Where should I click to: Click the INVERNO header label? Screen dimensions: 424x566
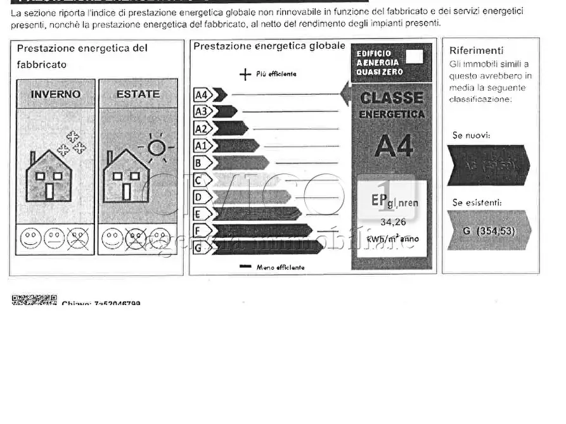(x=56, y=94)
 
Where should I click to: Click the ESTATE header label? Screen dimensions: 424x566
(x=138, y=94)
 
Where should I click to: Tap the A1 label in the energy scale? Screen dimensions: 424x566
(x=201, y=146)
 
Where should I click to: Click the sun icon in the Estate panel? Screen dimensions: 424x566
(x=156, y=148)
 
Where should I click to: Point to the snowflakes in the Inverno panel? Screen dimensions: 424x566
(x=72, y=143)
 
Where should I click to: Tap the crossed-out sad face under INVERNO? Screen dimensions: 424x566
(x=78, y=239)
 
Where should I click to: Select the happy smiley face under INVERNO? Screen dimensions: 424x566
(x=30, y=239)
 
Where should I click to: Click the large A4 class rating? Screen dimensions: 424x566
(x=393, y=146)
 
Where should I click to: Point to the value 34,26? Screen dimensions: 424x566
(x=392, y=222)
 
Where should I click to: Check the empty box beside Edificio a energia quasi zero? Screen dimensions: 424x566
(x=414, y=57)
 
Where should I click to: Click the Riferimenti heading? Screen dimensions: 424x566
(x=476, y=51)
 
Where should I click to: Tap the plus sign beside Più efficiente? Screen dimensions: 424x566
(x=245, y=75)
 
